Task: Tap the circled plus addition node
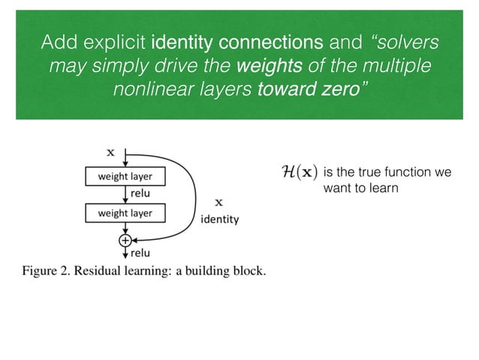click(125, 240)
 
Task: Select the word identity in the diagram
click(219, 220)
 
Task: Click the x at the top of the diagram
click(111, 152)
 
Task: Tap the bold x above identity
click(219, 202)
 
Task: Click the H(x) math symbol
click(298, 173)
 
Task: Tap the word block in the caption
click(248, 271)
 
